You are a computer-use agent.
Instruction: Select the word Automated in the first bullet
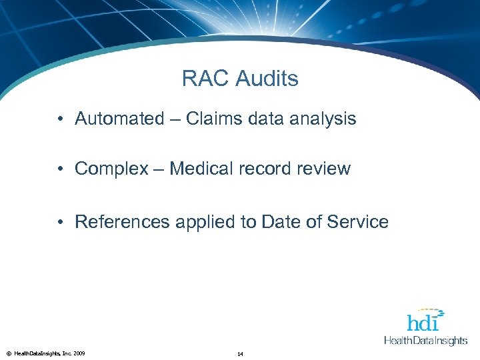pos(119,119)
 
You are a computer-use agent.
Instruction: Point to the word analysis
pos(323,119)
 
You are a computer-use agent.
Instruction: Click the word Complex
pos(111,169)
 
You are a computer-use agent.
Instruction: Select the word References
pos(123,222)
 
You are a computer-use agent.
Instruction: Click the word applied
pos(201,222)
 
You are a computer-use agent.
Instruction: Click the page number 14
pos(240,353)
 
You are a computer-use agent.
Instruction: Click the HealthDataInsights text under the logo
pos(425,341)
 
